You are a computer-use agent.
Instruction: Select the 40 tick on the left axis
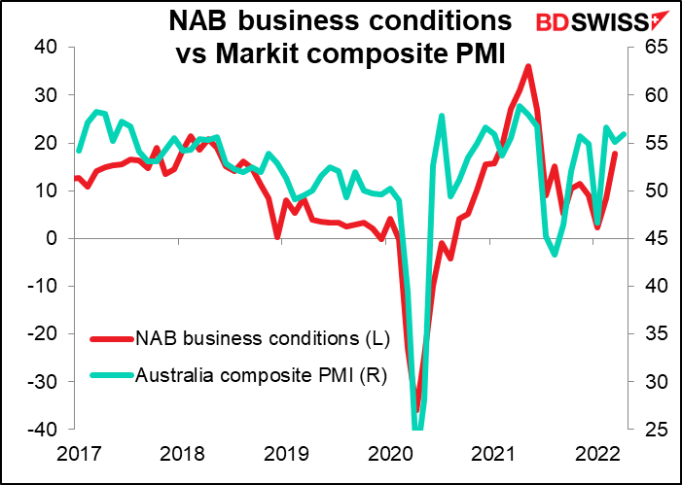pyautogui.click(x=46, y=48)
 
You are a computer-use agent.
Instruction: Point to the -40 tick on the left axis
pyautogui.click(x=42, y=430)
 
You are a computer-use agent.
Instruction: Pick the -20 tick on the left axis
pyautogui.click(x=42, y=334)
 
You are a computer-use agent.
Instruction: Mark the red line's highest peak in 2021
pyautogui.click(x=527, y=66)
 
